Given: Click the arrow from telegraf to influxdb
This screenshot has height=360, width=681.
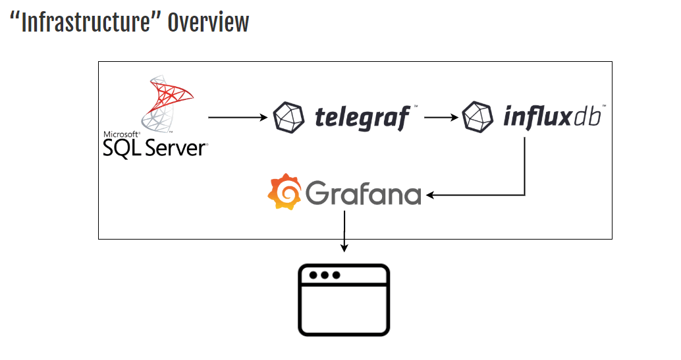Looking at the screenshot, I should (x=441, y=118).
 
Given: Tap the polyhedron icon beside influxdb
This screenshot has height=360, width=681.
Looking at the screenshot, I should (x=478, y=117).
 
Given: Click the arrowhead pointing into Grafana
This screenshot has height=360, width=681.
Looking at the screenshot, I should (x=431, y=195).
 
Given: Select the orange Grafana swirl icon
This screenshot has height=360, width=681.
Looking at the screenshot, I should (x=284, y=192).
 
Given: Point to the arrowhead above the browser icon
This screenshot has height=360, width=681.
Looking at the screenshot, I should (x=344, y=247).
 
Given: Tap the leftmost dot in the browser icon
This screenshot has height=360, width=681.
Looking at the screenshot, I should (x=313, y=275).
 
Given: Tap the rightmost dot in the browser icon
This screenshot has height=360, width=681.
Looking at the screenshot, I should (x=336, y=275).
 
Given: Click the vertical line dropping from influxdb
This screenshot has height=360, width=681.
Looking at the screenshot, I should (x=524, y=165).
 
